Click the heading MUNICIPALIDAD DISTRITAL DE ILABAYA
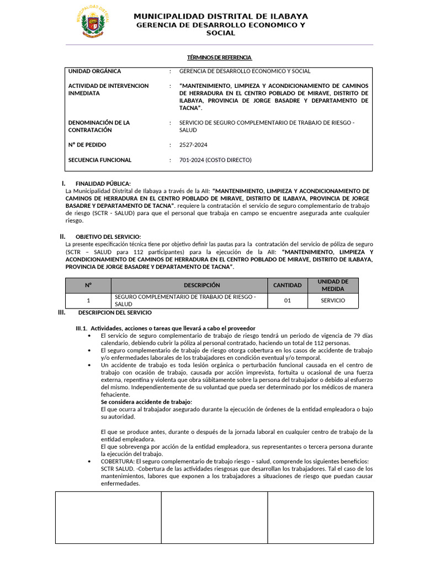[x=221, y=16]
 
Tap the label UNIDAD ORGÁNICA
[x=94, y=71]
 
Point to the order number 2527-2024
[x=193, y=145]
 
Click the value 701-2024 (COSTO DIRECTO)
[x=215, y=160]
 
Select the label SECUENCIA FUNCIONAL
[x=99, y=160]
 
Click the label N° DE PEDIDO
[x=87, y=145]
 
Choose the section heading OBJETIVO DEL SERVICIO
[x=108, y=237]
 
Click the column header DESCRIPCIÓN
[x=202, y=285]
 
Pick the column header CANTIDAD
[x=288, y=285]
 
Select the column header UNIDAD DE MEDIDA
[x=333, y=285]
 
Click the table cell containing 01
[x=288, y=301]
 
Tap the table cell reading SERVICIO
[x=333, y=301]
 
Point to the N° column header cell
[x=88, y=285]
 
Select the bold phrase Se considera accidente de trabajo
[x=146, y=402]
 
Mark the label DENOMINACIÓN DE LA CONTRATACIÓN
[x=99, y=126]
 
